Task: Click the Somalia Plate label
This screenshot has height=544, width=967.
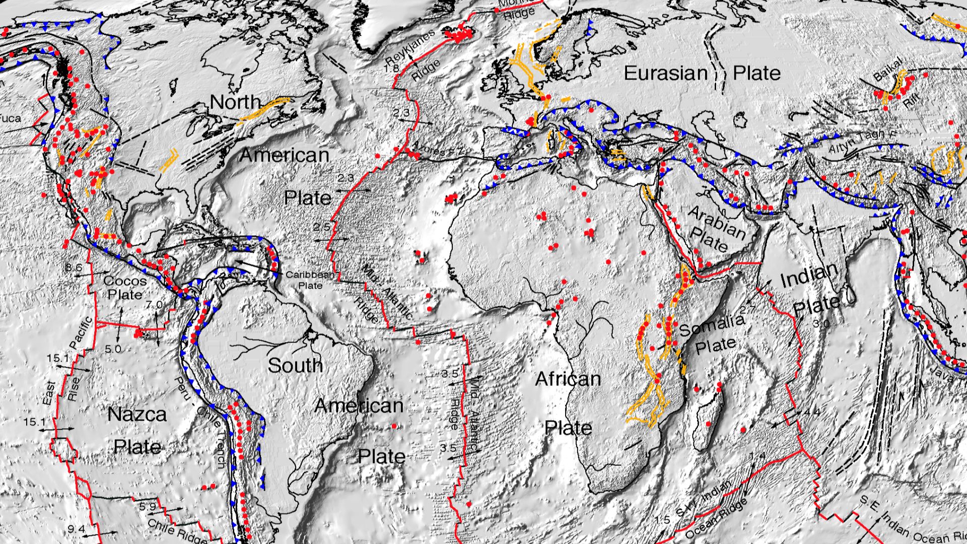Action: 713,333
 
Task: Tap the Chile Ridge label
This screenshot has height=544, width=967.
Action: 176,531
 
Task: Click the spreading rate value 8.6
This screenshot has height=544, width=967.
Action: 74,267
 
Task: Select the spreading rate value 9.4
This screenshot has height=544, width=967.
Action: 77,529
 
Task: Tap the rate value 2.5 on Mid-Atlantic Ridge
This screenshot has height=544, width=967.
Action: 321,227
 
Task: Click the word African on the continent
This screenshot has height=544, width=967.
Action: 568,379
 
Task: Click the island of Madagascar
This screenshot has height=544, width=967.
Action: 710,413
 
